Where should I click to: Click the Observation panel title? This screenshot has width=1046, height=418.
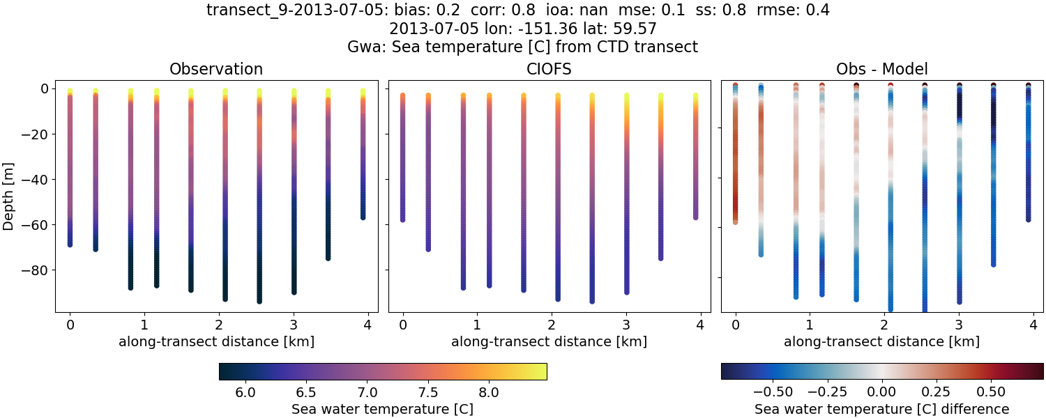(216, 69)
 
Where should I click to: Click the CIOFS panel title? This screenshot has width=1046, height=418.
(549, 69)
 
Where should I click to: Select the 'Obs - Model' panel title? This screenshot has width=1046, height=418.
(881, 69)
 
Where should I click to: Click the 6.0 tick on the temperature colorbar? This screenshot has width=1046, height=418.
(245, 392)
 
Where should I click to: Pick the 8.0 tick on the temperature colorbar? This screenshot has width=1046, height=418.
(489, 392)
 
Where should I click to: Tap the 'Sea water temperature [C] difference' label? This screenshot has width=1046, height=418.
(881, 409)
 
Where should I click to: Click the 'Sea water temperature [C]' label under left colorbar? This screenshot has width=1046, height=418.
(382, 409)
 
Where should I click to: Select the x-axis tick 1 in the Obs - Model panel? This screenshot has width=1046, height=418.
(809, 325)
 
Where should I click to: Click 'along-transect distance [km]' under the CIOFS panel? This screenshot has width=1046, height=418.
(549, 341)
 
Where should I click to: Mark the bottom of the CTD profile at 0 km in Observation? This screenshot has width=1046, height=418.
(70, 245)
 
